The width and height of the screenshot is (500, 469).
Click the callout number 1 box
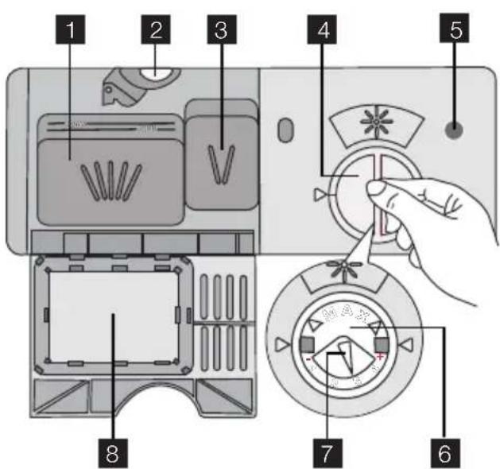point(73,31)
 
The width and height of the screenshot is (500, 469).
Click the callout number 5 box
point(452,31)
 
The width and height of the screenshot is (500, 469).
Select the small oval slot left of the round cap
point(284,129)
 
